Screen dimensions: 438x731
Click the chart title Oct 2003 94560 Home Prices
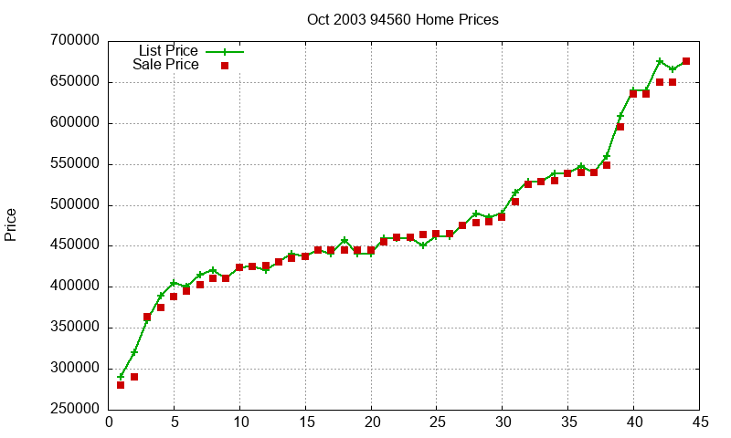point(402,19)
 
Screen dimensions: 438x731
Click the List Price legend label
point(168,50)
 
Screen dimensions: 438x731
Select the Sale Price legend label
point(165,65)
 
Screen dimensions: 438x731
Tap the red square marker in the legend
point(225,66)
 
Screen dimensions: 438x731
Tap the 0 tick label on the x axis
point(109,422)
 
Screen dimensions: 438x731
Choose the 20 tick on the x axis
point(371,422)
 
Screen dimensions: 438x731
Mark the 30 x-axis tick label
point(503,422)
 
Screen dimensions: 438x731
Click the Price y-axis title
point(11,224)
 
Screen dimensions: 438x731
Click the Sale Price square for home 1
point(121,385)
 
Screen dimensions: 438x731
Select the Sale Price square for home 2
point(134,377)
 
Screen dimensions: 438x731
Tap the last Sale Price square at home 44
point(686,61)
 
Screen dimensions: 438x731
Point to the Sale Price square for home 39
point(620,127)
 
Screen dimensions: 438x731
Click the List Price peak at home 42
point(660,61)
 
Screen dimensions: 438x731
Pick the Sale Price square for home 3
point(147,318)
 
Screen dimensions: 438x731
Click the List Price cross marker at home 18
point(344,241)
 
